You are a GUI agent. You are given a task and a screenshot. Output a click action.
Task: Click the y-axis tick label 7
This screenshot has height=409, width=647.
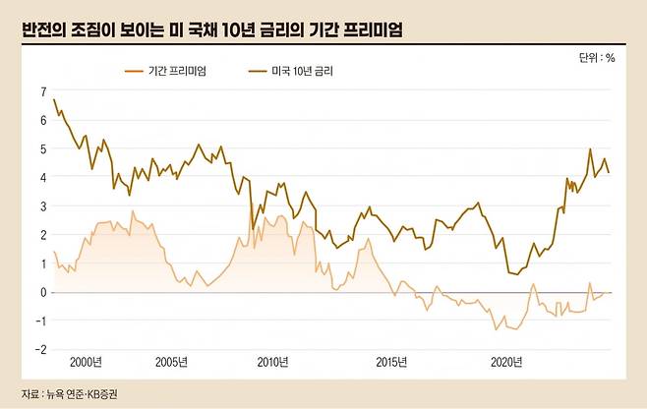pos(42,91)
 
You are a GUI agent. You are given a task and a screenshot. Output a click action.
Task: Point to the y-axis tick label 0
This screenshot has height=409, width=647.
pos(42,292)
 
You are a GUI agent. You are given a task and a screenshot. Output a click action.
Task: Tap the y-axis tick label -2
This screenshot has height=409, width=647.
pos(41,349)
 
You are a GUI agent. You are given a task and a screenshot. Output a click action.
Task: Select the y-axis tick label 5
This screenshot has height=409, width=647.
pos(42,148)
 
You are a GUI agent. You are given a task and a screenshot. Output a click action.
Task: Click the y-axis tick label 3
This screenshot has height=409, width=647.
pos(42,206)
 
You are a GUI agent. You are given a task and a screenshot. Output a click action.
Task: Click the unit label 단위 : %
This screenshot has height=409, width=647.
pos(597,58)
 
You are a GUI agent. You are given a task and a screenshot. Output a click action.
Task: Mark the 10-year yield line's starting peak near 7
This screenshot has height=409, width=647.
pos(53,99)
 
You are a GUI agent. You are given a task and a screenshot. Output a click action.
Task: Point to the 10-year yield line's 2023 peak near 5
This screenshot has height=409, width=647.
pos(590,149)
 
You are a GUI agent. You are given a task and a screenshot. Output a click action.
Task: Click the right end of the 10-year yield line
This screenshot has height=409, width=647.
pos(610,173)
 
